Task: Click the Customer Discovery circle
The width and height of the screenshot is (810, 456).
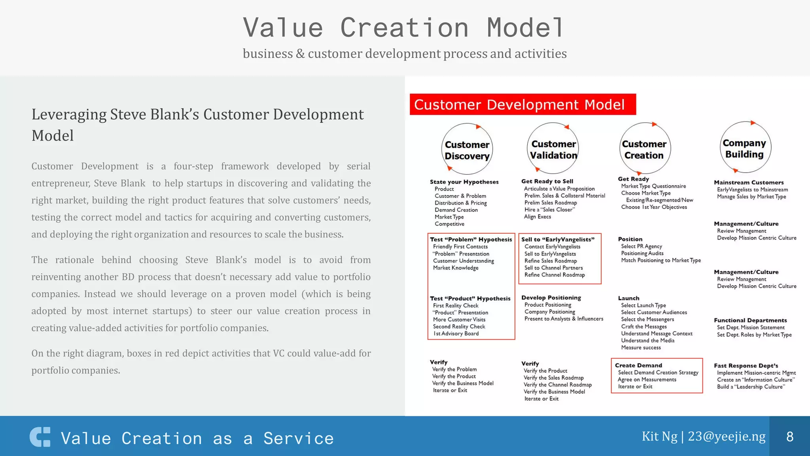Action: (x=467, y=149)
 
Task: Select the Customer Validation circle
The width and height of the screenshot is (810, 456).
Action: (x=553, y=149)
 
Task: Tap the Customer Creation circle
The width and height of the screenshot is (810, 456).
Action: (x=645, y=149)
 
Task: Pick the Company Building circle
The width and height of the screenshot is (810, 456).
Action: (x=745, y=148)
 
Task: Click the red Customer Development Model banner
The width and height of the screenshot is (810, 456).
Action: (x=522, y=104)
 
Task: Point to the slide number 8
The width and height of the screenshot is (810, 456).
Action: (x=790, y=437)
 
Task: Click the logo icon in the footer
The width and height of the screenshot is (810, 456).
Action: (x=40, y=437)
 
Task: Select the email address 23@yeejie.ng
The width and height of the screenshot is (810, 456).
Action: (x=727, y=436)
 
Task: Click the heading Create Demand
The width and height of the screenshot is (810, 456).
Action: (x=638, y=365)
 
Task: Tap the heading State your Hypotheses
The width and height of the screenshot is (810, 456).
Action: (x=464, y=182)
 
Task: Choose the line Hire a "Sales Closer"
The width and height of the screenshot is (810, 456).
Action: (x=549, y=210)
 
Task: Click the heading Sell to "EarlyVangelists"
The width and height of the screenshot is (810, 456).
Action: (x=558, y=239)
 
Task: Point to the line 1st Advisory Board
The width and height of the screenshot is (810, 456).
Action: (x=456, y=334)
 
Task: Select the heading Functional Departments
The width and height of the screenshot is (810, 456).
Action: (x=750, y=320)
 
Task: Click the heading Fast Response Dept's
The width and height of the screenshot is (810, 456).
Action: (x=746, y=366)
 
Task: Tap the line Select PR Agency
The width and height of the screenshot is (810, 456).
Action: (x=641, y=246)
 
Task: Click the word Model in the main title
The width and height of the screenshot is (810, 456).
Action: (x=525, y=28)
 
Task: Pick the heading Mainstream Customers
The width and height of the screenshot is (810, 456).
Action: (x=749, y=182)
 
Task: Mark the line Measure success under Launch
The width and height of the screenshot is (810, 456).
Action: (x=641, y=348)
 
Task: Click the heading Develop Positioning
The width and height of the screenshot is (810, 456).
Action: (x=551, y=298)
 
